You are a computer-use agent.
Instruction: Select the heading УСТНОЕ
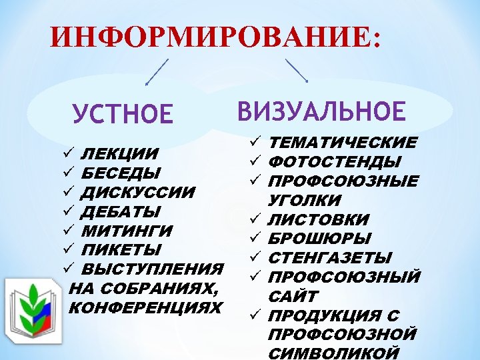pyautogui.click(x=123, y=113)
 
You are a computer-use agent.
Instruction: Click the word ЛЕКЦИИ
pyautogui.click(x=119, y=155)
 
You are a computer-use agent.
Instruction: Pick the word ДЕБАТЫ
pyautogui.click(x=121, y=212)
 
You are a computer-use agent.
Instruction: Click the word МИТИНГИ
pyautogui.click(x=126, y=231)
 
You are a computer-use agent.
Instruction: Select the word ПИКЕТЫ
pyautogui.click(x=121, y=250)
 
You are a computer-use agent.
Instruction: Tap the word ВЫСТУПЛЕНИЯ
pyautogui.click(x=152, y=269)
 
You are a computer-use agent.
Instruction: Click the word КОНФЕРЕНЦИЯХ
pyautogui.click(x=145, y=308)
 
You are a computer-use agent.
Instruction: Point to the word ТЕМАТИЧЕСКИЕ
pyautogui.click(x=343, y=142)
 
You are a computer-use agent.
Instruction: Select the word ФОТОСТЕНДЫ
pyautogui.click(x=334, y=161)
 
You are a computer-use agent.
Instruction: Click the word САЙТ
pyautogui.click(x=293, y=296)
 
